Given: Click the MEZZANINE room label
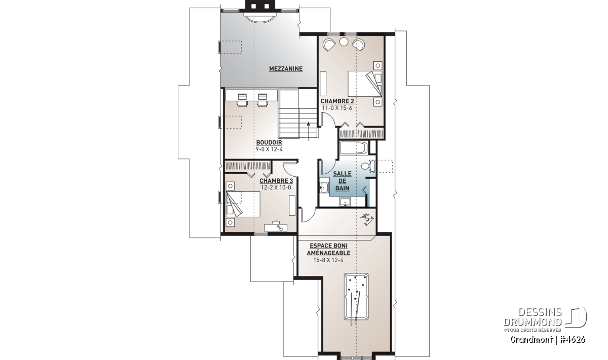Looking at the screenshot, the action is click(x=286, y=69).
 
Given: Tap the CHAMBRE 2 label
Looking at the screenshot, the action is click(x=337, y=101).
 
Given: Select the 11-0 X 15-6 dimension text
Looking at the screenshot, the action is click(x=337, y=108).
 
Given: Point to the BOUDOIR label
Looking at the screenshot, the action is click(x=269, y=142).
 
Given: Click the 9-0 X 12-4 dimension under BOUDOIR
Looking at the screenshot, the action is click(x=269, y=149).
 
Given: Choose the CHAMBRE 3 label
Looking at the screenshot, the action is click(x=276, y=181).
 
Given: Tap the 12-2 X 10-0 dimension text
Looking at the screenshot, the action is click(x=276, y=188).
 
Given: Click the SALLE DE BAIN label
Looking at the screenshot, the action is click(x=343, y=181).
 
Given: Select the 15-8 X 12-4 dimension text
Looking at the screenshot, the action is click(x=328, y=260).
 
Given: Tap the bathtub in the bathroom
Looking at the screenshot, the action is click(x=354, y=148).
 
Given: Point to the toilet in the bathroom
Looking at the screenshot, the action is click(x=368, y=166).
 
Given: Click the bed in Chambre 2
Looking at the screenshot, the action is click(x=365, y=84).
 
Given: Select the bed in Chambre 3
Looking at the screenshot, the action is click(x=243, y=204).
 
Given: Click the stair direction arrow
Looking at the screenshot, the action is click(x=309, y=131).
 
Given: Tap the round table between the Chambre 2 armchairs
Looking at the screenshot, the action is click(x=344, y=42).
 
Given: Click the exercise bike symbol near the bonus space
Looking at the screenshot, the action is click(x=367, y=218).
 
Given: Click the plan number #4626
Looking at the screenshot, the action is click(x=574, y=340).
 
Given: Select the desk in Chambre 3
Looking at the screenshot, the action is click(x=276, y=227).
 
